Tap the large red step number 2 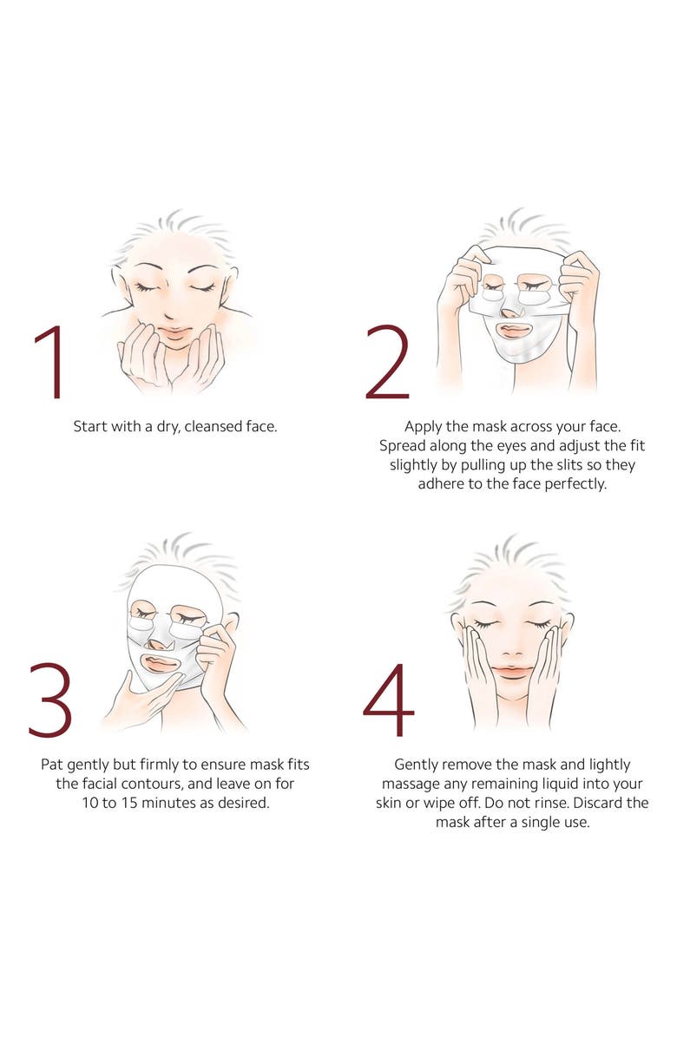[387, 362]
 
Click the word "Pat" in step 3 [53, 765]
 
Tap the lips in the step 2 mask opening [515, 331]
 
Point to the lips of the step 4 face [512, 671]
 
